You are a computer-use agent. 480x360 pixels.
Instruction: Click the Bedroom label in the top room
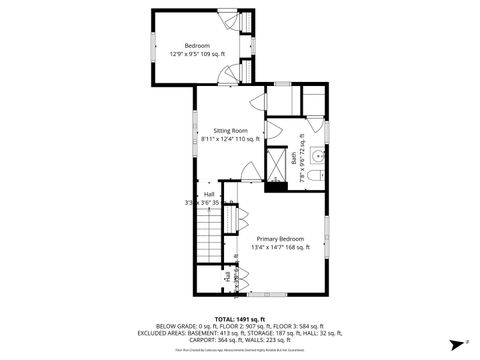click(x=196, y=46)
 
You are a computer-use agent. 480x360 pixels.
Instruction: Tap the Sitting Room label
click(x=230, y=130)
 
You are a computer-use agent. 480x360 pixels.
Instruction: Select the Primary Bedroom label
click(x=280, y=238)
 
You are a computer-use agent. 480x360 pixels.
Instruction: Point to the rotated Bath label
click(x=294, y=158)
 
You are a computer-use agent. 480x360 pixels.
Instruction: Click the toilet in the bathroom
click(x=313, y=176)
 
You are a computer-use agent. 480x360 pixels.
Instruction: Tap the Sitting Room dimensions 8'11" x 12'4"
click(x=229, y=140)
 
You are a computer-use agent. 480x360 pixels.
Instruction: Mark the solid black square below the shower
click(x=274, y=185)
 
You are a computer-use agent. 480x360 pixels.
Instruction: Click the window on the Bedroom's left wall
click(x=153, y=48)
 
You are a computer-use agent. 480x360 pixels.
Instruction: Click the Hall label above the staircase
click(x=209, y=193)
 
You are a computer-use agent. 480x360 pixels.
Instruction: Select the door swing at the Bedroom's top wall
click(x=229, y=20)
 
